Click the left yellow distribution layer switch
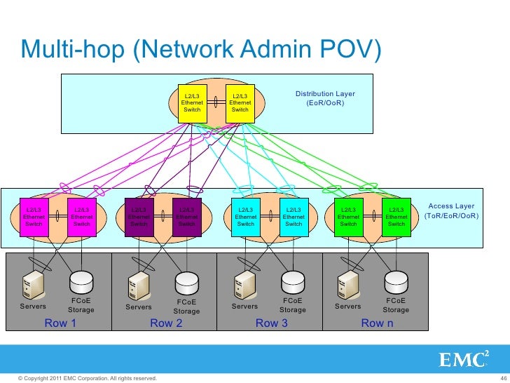pos(192,103)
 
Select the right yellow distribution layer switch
pos(240,103)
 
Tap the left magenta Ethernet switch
pos(34,217)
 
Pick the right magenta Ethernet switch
pos(82,217)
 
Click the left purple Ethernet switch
pos(139,217)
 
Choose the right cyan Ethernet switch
pos(294,217)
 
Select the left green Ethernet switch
pos(348,217)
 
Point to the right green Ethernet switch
pos(397,217)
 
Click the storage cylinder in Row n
pos(395,283)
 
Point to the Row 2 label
pos(166,323)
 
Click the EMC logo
pos(462,361)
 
